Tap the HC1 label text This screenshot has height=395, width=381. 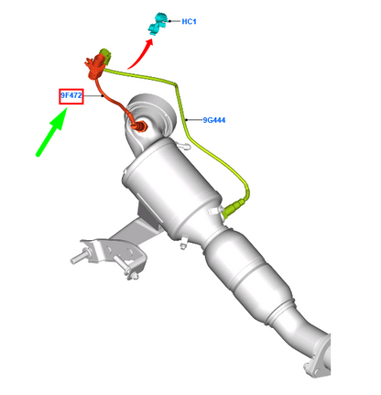pos(190,20)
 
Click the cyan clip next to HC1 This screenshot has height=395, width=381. pos(160,18)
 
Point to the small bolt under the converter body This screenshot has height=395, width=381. pos(182,242)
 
